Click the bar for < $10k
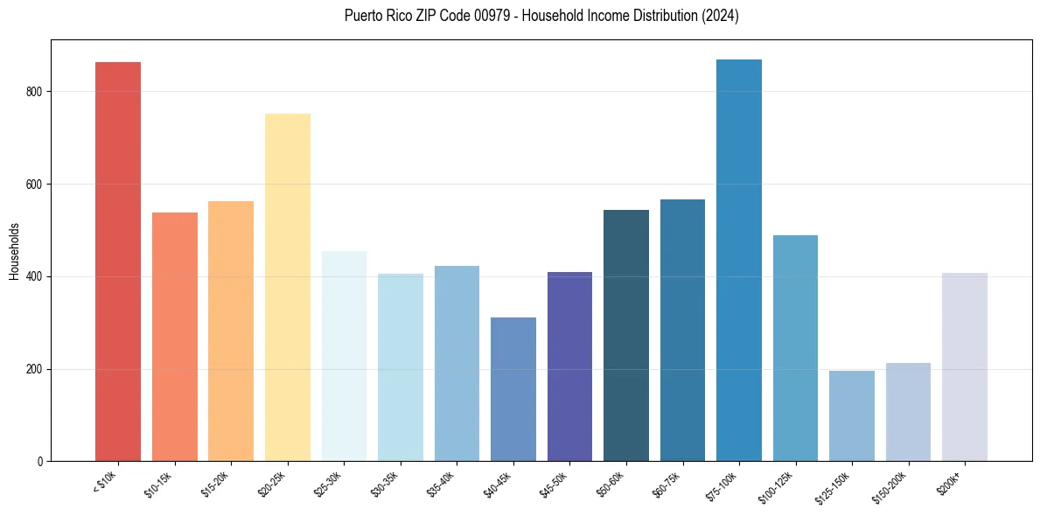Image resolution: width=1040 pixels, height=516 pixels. pyautogui.click(x=118, y=261)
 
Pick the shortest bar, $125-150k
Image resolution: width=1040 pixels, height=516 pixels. pyautogui.click(x=852, y=415)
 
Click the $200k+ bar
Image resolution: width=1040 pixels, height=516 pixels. pyautogui.click(x=965, y=366)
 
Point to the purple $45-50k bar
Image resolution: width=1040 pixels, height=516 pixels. pyautogui.click(x=569, y=366)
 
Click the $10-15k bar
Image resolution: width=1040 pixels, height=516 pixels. pyautogui.click(x=175, y=337)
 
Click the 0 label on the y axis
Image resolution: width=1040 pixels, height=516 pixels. pyautogui.click(x=39, y=461)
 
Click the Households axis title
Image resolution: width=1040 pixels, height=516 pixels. pyautogui.click(x=14, y=250)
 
